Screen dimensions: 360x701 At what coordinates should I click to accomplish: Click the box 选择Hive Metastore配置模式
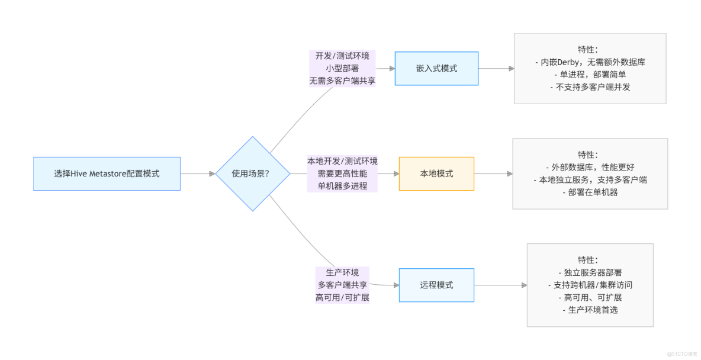coord(107,173)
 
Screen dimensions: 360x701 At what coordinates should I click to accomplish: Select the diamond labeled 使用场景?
coord(253,173)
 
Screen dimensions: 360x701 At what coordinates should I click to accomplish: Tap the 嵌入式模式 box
coord(436,69)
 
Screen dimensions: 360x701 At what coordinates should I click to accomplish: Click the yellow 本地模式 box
coord(436,173)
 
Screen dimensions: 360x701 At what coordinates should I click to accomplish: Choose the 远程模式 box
coord(436,285)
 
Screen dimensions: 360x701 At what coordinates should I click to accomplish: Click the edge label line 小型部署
coord(342,69)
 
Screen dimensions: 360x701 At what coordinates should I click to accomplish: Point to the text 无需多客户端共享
coord(342,81)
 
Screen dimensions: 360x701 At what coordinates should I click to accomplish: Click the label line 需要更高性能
coord(342,173)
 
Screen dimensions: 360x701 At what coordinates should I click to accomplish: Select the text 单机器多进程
coord(342,186)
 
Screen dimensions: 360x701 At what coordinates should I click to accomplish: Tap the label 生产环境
coord(342,272)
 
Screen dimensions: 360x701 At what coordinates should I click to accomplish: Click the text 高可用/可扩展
coord(342,297)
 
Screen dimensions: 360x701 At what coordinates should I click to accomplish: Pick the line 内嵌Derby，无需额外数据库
coord(590,62)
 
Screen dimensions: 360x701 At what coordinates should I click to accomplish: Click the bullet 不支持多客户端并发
coord(590,87)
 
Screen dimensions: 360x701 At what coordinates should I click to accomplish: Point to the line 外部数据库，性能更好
coord(590,167)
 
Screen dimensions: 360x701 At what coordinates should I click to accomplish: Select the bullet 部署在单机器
coord(590,192)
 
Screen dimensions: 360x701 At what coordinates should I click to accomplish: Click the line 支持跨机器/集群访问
coord(590,285)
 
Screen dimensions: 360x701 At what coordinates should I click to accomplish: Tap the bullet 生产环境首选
coord(590,310)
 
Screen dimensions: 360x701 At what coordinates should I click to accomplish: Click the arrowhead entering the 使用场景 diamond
coord(212,173)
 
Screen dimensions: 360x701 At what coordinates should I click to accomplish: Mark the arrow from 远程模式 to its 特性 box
coord(500,285)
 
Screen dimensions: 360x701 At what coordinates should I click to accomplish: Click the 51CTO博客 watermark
coord(682,353)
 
